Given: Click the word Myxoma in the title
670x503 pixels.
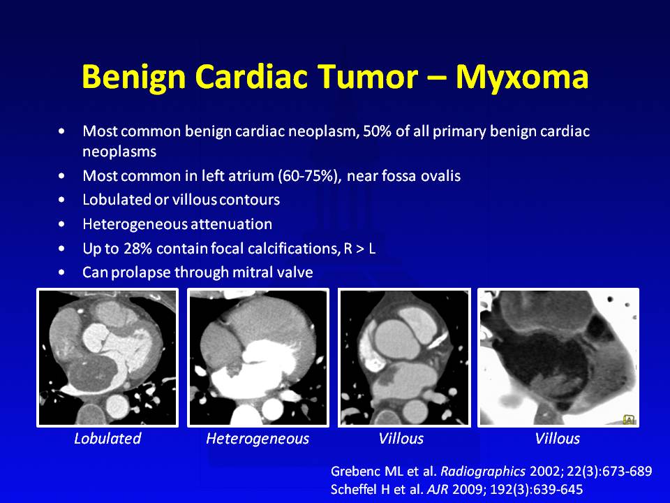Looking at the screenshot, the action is point(522,77).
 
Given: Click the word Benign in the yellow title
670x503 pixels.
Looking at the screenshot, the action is point(134,77).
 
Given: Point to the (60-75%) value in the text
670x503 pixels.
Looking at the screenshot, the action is point(310,176).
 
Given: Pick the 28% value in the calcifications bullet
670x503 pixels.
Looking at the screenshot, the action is point(137,249).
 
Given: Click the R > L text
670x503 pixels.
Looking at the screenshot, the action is point(359,249).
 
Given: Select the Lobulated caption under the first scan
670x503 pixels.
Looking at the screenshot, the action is point(107,439).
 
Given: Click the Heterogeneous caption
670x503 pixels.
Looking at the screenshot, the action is point(258,439).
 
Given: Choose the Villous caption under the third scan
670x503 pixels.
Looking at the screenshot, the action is point(401,439).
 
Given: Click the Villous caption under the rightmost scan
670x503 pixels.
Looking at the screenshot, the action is point(558,439).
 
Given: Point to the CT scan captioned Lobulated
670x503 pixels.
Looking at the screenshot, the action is point(107,358).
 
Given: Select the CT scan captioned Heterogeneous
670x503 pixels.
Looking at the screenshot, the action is point(258,358).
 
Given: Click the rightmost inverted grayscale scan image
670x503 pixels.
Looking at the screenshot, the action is point(558,358).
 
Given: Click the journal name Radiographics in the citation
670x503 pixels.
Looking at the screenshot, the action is point(483,472).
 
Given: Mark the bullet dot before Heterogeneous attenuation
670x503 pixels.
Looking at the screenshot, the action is point(62,224).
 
